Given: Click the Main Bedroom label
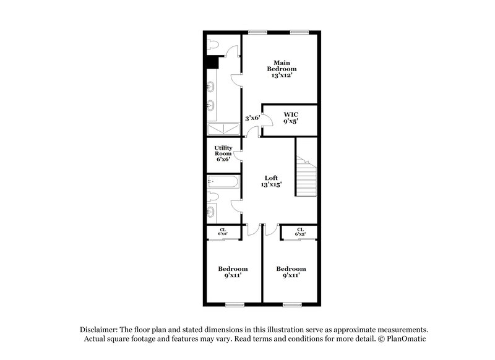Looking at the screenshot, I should [282, 68].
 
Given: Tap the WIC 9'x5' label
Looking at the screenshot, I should [291, 118].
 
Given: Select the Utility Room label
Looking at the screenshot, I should [223, 152].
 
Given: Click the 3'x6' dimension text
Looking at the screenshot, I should [251, 118].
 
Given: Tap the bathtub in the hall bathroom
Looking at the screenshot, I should [221, 182].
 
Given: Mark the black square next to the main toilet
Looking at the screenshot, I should [213, 62].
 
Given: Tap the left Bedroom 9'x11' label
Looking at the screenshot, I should [233, 272].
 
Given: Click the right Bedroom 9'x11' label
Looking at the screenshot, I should [291, 272].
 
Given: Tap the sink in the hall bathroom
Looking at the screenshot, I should [212, 213].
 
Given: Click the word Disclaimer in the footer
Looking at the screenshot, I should [100, 330].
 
